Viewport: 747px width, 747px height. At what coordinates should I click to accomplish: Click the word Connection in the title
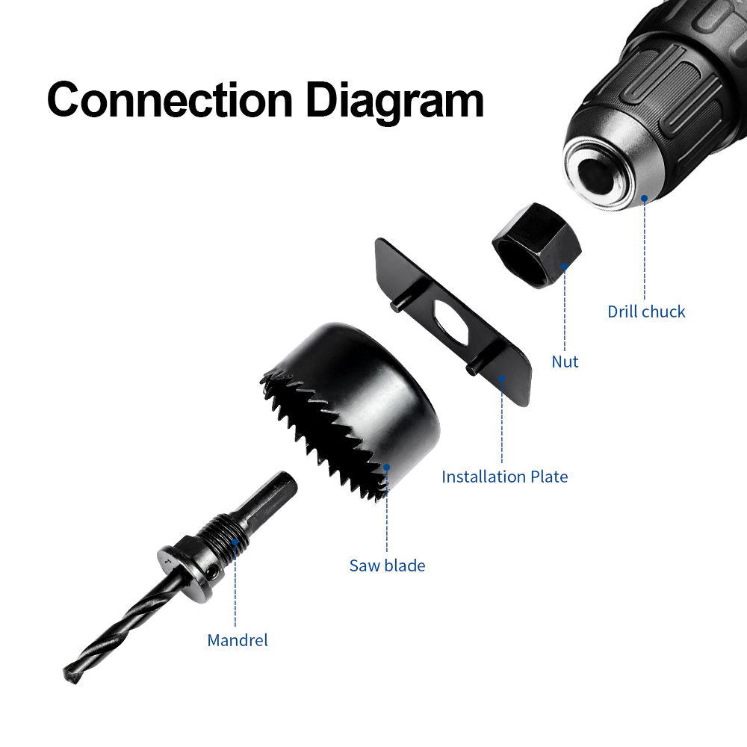coord(170,100)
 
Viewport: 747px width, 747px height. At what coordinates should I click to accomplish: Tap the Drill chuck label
coord(646,311)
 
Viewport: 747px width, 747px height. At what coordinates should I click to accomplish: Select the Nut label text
coord(565,362)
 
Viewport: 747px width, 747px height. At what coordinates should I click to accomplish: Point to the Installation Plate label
coord(504,477)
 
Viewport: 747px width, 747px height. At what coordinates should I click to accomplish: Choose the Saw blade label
coord(387,565)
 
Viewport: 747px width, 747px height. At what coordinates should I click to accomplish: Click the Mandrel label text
coord(238,640)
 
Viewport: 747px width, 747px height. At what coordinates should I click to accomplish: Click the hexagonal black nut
coord(537,245)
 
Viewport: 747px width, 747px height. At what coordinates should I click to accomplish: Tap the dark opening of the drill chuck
coord(597,176)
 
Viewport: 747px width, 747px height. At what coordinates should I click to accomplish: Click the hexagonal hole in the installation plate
coord(450,323)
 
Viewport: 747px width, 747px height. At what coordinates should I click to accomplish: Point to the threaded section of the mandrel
coord(224,537)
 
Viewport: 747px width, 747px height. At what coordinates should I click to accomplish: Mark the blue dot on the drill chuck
coord(644,198)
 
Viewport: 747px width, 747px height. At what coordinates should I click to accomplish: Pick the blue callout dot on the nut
coord(565,267)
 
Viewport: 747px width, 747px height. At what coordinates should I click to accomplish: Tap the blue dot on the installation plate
coord(502,378)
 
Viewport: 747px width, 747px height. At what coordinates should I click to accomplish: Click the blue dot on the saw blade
coord(387,468)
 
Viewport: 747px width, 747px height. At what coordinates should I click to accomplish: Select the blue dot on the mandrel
coord(235,542)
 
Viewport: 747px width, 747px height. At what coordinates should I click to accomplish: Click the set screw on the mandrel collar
coord(211,570)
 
